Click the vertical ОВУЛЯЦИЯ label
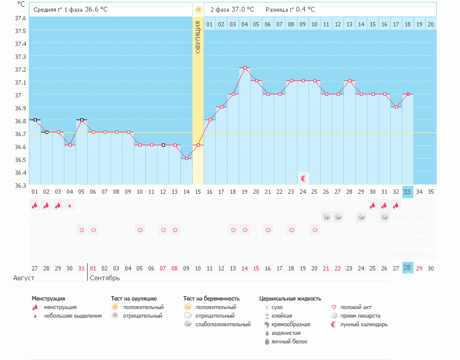pos(198,37)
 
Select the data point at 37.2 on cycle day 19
pos(245,68)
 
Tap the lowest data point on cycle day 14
pos(186,158)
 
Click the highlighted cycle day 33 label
pos(408,192)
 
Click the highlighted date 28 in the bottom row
pos(408,268)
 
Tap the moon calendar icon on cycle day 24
pos(303,178)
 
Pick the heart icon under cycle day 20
pos(315,230)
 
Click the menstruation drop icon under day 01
pos(34,205)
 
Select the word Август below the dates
pos(23,278)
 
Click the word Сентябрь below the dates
pos(105,278)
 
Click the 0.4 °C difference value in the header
pos(303,10)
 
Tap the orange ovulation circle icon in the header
pos(198,10)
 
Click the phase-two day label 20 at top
pos(431,25)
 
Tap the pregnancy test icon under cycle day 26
pos(326,217)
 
